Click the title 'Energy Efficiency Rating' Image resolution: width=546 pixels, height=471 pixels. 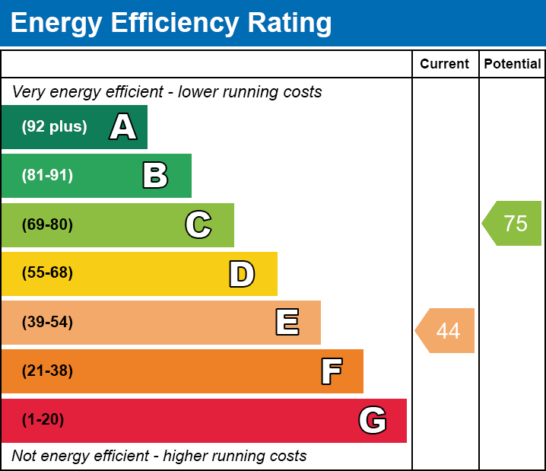point(171,24)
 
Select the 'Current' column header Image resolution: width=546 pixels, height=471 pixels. point(444,65)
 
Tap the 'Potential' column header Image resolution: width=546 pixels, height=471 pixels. point(513,65)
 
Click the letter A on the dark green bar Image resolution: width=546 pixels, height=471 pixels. point(123,127)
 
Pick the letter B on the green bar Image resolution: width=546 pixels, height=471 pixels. point(155,176)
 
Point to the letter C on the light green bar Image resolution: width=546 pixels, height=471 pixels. point(198,224)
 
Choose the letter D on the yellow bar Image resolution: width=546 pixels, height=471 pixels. point(242,274)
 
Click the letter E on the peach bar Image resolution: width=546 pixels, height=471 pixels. point(287,323)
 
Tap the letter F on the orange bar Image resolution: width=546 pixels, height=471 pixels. point(331,371)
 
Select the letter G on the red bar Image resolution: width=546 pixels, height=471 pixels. point(373,420)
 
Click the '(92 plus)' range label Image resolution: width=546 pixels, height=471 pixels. point(54,127)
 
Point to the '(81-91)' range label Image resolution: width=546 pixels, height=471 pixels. point(47,176)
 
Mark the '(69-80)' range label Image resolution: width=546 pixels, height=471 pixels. point(47,224)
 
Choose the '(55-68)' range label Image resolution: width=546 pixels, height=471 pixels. point(47,273)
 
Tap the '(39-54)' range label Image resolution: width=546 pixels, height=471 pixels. point(47,323)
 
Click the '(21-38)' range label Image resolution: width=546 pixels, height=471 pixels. point(47,371)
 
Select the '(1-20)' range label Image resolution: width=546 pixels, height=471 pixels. point(43,420)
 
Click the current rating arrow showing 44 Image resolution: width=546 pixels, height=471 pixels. point(446,331)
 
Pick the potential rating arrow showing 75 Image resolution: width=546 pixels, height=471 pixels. point(513,224)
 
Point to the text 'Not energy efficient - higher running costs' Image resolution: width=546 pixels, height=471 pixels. point(159,457)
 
